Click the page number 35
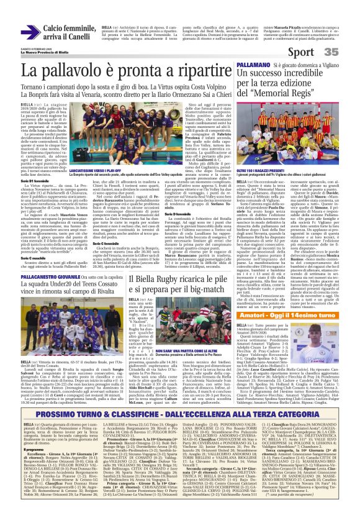coord(348,52)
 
